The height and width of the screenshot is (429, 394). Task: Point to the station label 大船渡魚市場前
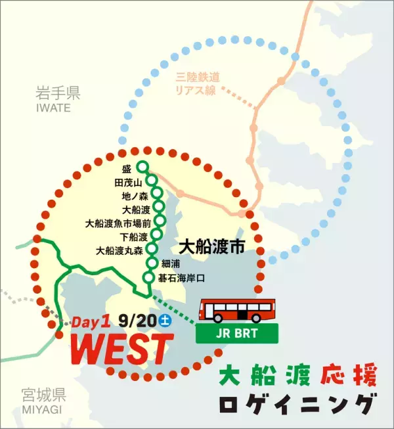click(118, 223)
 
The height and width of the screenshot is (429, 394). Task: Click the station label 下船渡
click(129, 237)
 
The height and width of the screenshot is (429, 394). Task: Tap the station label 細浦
click(169, 264)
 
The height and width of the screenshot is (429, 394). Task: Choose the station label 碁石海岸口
click(181, 278)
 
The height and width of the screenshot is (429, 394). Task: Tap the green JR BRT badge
click(238, 333)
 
